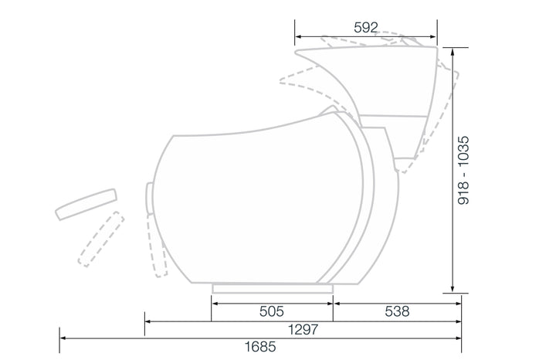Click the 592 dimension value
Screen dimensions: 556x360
[366, 28]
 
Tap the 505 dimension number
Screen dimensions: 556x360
[272, 311]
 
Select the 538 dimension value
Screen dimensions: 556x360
[397, 311]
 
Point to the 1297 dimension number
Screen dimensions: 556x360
[303, 330]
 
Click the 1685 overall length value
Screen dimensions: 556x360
[260, 347]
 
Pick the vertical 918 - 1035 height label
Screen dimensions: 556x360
[463, 170]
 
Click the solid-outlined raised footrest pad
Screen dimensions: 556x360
[86, 204]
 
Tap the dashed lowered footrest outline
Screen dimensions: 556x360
[101, 239]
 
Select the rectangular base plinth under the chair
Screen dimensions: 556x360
[273, 288]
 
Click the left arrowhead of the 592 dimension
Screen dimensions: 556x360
[298, 36]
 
